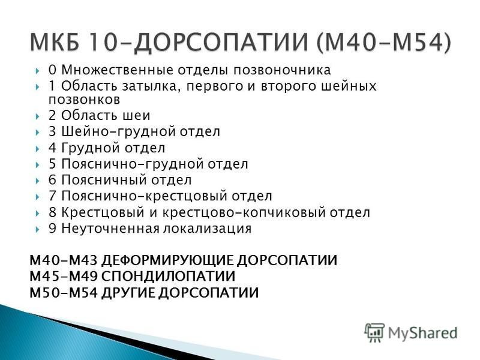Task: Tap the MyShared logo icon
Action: click(374, 333)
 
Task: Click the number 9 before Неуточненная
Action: click(52, 229)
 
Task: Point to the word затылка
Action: click(150, 86)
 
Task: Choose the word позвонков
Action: click(84, 100)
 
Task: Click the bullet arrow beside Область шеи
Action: click(37, 116)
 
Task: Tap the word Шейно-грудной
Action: click(118, 131)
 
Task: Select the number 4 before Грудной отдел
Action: click(52, 148)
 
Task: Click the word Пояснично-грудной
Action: click(133, 164)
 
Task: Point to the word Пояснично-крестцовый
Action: click(144, 196)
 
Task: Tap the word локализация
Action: click(207, 229)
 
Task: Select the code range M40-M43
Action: click(64, 260)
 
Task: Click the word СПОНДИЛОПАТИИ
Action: click(168, 276)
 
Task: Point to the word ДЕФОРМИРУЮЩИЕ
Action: click(167, 260)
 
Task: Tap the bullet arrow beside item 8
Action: click(37, 213)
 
